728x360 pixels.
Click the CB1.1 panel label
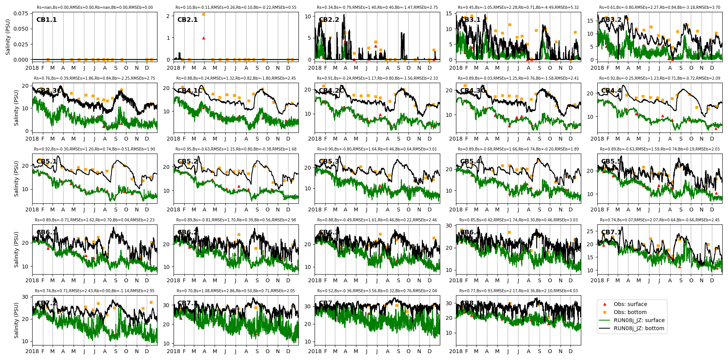46,20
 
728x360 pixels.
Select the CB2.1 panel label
187,20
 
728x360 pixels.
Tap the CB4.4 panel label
611,91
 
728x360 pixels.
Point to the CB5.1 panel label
46,162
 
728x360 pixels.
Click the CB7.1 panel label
611,232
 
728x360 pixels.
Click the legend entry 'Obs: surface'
630,304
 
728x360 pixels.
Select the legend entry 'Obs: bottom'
630,312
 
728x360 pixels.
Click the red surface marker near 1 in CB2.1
203,38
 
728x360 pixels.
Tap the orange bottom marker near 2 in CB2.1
203,14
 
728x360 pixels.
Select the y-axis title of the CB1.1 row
8,37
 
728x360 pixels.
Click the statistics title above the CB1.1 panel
95,8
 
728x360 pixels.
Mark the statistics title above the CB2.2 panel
377,8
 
